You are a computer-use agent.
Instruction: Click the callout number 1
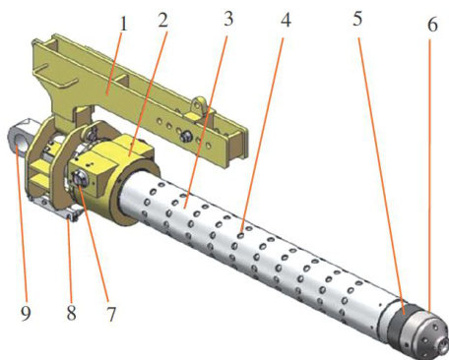point(123,24)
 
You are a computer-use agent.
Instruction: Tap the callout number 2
point(162,21)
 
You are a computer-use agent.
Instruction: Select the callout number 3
point(228,19)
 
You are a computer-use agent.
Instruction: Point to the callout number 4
point(286,20)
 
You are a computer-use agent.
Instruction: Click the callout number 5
point(357,19)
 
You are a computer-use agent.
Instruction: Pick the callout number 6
point(432,25)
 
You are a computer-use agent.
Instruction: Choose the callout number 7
point(111,314)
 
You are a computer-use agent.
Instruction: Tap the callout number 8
point(72,312)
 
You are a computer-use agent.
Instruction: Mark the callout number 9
point(26,313)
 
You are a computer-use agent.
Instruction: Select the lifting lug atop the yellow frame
point(199,105)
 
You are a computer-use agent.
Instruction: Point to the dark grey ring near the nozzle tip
point(400,323)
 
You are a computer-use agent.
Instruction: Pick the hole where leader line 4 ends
point(241,234)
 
